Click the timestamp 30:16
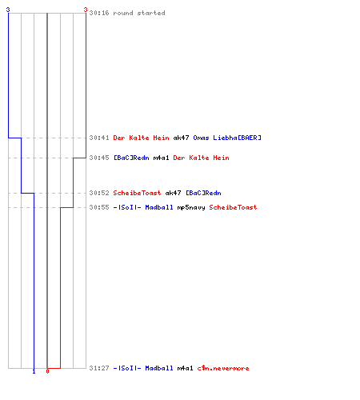click(x=99, y=13)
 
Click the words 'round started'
click(x=139, y=13)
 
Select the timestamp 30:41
click(x=99, y=138)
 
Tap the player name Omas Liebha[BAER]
click(x=227, y=138)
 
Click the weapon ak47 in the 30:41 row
click(x=181, y=138)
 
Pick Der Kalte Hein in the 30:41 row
click(x=141, y=138)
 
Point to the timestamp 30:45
click(x=99, y=158)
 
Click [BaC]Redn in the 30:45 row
click(x=131, y=158)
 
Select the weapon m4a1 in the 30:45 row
click(x=161, y=158)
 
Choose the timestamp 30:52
click(x=99, y=193)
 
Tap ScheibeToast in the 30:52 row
click(x=137, y=193)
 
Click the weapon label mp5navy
click(x=191, y=207)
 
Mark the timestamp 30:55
click(x=99, y=207)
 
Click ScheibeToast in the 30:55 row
click(x=233, y=207)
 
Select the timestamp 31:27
click(x=99, y=368)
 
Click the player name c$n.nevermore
click(x=223, y=368)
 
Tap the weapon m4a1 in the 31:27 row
click(x=185, y=368)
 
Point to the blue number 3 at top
click(x=8, y=10)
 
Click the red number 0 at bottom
click(x=47, y=371)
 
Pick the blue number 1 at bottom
click(x=34, y=372)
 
